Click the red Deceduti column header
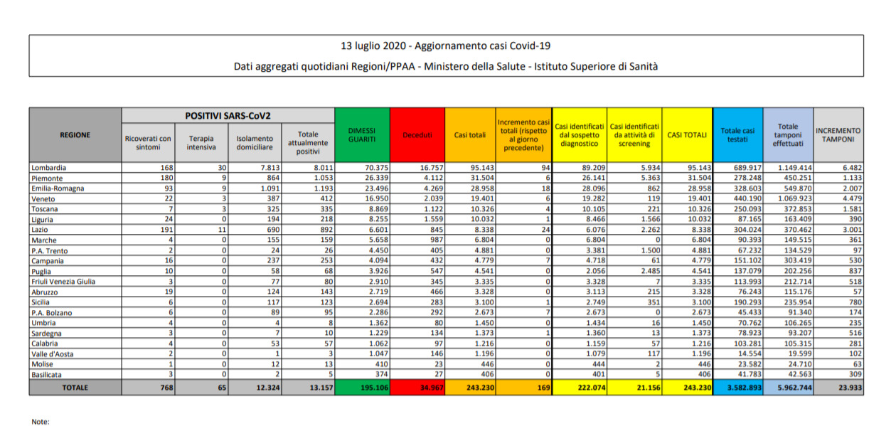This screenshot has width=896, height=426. point(417,135)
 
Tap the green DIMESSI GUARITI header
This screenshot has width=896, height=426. point(362,135)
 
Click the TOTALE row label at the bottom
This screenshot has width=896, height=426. point(75,387)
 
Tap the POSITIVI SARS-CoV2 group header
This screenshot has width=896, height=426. point(228,115)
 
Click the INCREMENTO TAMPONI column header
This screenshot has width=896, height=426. point(838,135)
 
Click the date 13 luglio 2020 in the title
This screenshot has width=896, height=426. point(373,46)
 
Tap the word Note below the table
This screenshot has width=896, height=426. point(40,422)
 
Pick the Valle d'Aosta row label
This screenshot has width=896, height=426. point(51,353)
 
